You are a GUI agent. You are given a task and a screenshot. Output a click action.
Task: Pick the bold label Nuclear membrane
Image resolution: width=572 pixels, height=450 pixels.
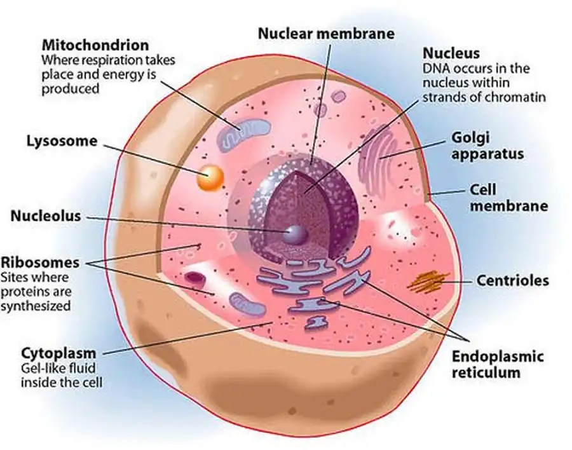click(x=326, y=32)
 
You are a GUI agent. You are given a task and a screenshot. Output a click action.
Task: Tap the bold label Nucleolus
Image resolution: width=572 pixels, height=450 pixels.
click(x=46, y=216)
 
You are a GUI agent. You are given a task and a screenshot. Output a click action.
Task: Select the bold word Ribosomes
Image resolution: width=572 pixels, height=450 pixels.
click(x=40, y=262)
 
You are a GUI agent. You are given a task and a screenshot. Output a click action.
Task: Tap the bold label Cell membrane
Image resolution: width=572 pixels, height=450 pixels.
click(x=508, y=198)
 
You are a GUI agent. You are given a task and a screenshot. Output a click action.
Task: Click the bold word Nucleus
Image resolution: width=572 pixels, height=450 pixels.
click(x=451, y=53)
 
